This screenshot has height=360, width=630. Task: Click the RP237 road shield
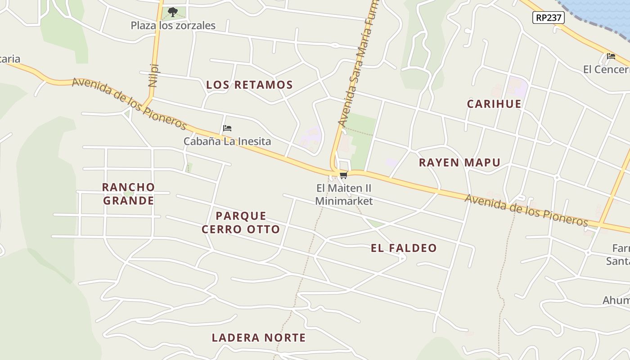tap(548, 18)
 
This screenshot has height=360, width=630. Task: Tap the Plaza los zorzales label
tap(173, 26)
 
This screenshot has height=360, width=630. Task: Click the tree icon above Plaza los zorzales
tap(172, 12)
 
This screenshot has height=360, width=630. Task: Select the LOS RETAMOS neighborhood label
tap(249, 85)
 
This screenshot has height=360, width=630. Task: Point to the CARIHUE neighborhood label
tap(494, 104)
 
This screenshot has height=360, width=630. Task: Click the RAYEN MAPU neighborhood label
tap(459, 162)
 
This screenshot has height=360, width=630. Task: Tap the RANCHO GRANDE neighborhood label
tap(129, 193)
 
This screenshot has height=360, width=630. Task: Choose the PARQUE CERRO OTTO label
tap(241, 222)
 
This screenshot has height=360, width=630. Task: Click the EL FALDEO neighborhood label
tap(404, 248)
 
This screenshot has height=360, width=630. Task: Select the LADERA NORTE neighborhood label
tap(259, 337)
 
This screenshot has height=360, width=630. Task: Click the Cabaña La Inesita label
tap(227, 141)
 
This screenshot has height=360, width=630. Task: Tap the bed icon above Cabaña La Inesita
tap(227, 128)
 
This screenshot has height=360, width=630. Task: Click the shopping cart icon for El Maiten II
tap(344, 175)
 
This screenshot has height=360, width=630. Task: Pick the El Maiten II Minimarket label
tap(344, 194)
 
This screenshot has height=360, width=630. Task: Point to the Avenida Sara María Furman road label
tap(359, 63)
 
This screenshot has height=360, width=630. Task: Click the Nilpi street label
tap(153, 75)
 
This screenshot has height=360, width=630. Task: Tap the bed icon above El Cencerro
tap(611, 56)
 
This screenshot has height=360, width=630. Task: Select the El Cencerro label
tap(607, 69)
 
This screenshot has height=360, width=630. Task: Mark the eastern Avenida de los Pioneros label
tap(526, 210)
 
